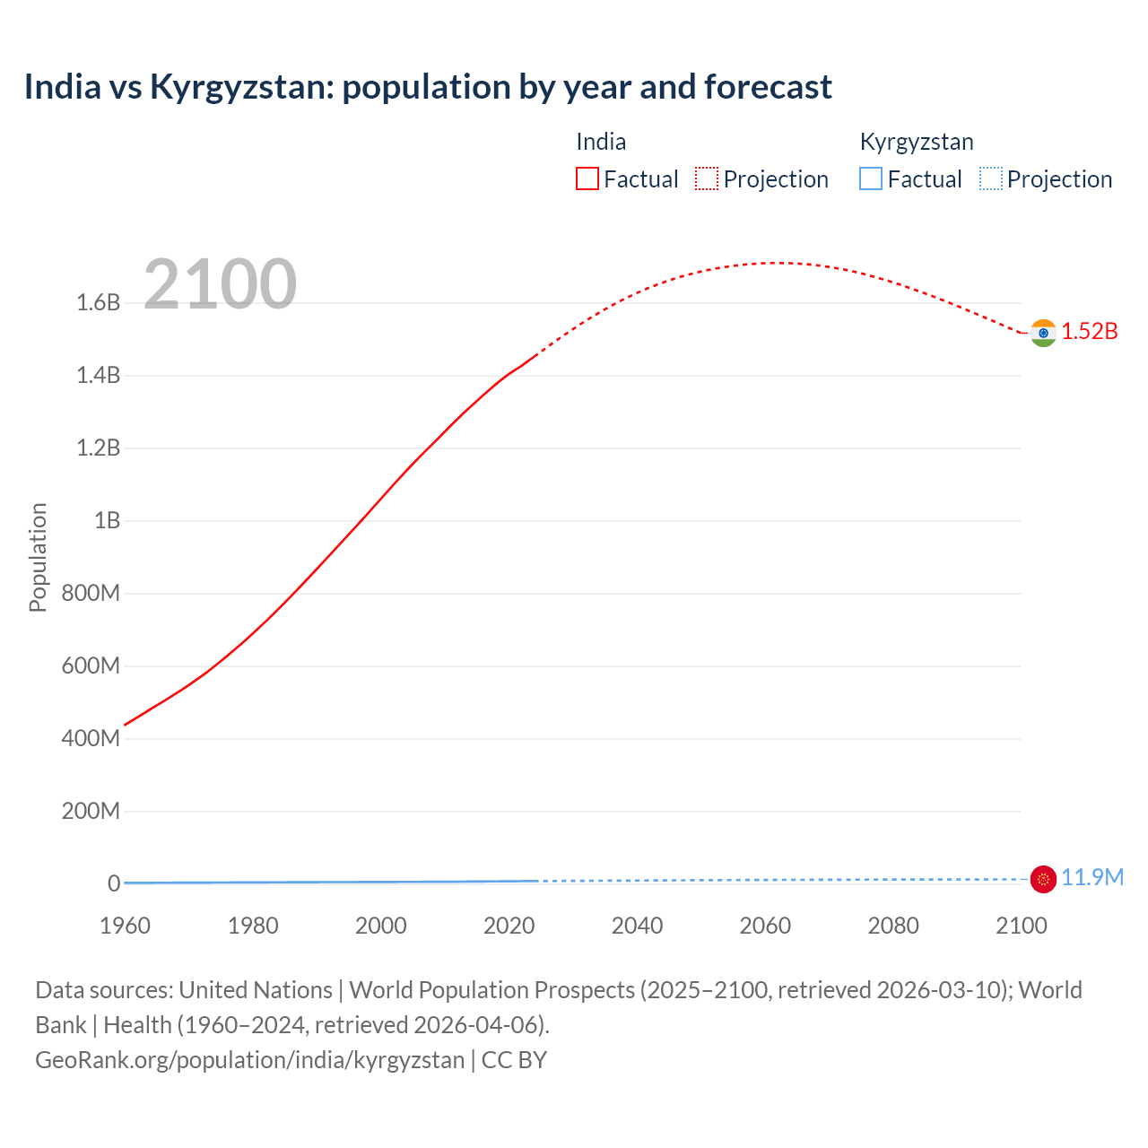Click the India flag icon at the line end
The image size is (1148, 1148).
[1043, 333]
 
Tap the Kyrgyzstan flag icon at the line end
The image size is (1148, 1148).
[1043, 880]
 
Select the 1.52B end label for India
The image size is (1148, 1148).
[1090, 332]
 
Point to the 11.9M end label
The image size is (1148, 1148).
[1092, 878]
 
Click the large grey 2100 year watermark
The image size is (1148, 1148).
[220, 284]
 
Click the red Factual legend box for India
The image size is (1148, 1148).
[587, 179]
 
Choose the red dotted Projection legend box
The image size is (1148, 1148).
[707, 179]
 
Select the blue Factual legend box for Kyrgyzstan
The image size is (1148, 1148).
[871, 179]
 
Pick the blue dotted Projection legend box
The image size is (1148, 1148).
[991, 179]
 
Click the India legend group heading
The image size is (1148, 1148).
[601, 142]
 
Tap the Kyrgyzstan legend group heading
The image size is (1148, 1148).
[917, 142]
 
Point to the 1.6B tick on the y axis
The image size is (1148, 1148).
[99, 303]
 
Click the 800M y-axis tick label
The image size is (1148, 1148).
[91, 594]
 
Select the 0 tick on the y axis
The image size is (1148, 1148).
[114, 884]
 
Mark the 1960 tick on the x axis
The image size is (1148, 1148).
[125, 926]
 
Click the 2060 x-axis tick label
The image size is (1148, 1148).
[765, 926]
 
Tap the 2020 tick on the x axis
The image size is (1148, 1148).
[509, 926]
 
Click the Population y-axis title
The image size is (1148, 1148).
[38, 557]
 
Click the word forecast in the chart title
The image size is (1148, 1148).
[768, 87]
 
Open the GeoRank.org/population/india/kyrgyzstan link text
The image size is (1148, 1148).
[250, 1060]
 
